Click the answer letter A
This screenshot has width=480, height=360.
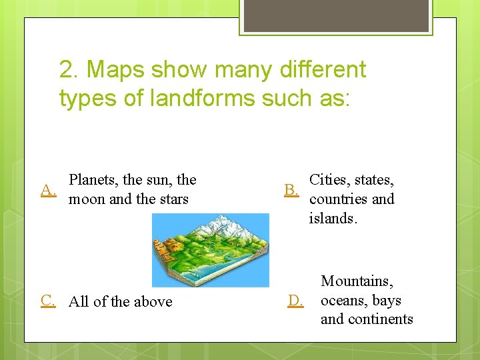coord(47,190)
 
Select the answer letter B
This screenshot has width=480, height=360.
coord(291,190)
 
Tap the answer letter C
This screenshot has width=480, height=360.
coord(47,300)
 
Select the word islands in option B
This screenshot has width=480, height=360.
coord(332,218)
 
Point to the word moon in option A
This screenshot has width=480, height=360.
coord(88,199)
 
